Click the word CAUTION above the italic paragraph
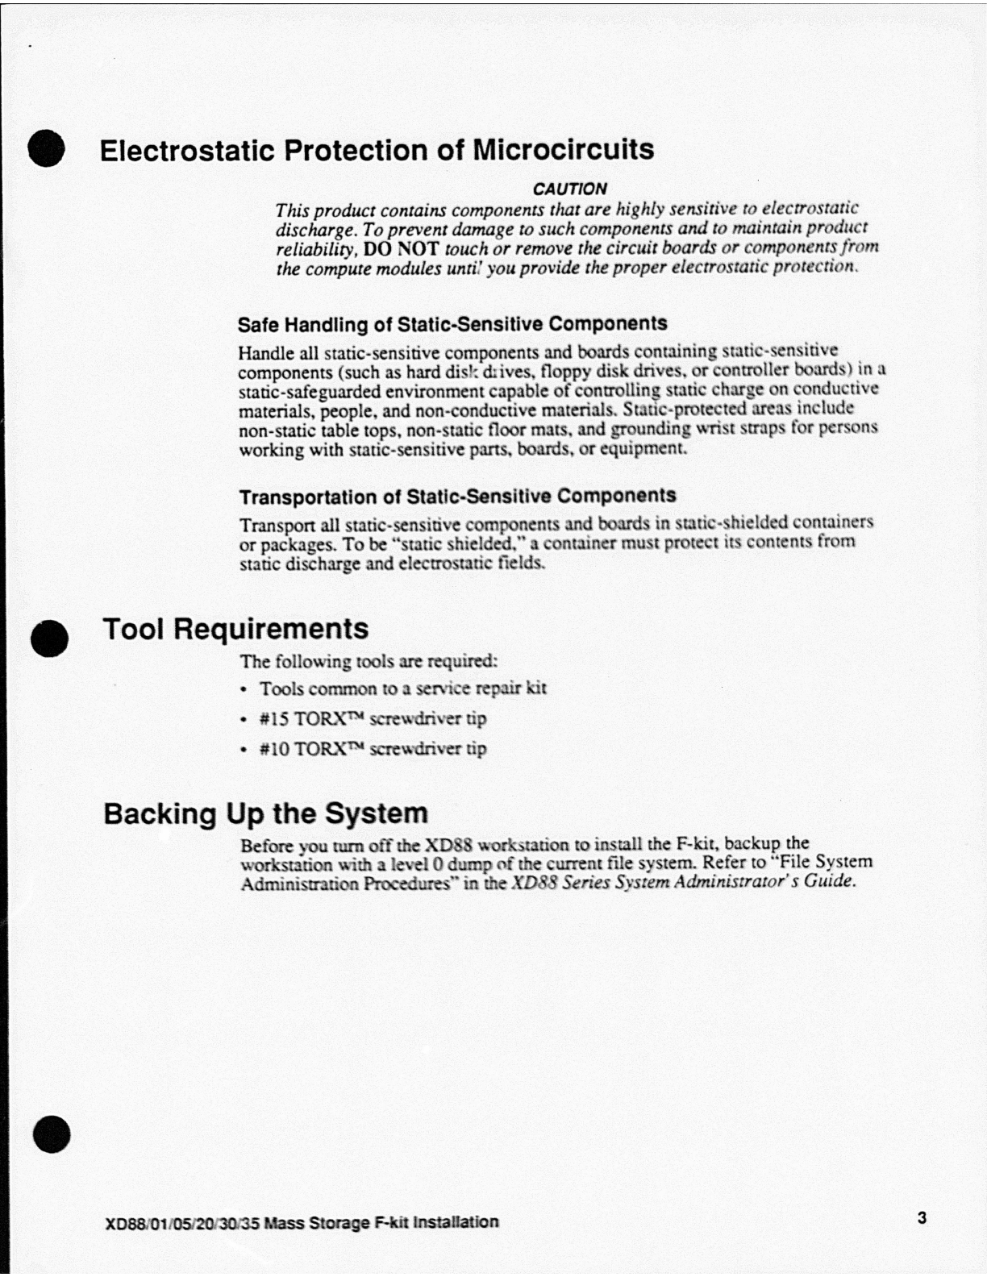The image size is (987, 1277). pyautogui.click(x=569, y=189)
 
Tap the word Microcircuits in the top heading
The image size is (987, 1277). pyautogui.click(x=563, y=150)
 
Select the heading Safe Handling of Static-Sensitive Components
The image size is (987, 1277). pyautogui.click(x=452, y=324)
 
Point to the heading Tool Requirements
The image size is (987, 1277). pyautogui.click(x=235, y=629)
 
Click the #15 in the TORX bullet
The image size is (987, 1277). pyautogui.click(x=274, y=718)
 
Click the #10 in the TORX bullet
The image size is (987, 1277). pyautogui.click(x=274, y=748)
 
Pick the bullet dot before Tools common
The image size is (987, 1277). pyautogui.click(x=244, y=690)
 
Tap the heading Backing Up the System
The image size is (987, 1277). pyautogui.click(x=265, y=813)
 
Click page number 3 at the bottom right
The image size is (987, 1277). pyautogui.click(x=922, y=1217)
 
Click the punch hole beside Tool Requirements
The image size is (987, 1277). pyautogui.click(x=51, y=638)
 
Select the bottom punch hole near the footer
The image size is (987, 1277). pyautogui.click(x=52, y=1133)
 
